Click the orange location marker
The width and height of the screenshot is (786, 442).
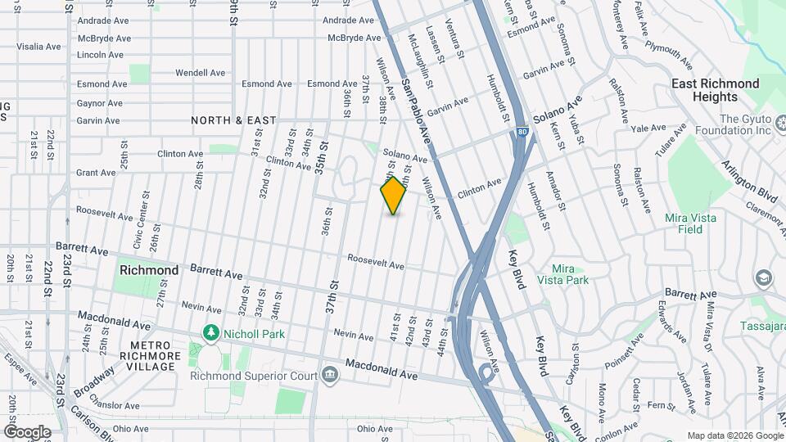tap(394, 196)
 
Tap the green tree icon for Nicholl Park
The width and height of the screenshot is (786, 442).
tap(211, 332)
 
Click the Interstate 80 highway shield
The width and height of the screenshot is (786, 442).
tap(522, 131)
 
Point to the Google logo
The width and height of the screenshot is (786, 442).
tap(27, 431)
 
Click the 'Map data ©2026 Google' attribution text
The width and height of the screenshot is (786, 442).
tap(734, 435)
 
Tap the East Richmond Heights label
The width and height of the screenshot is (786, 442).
tap(715, 90)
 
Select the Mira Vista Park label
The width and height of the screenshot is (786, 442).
tap(562, 273)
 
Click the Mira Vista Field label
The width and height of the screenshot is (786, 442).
tap(690, 223)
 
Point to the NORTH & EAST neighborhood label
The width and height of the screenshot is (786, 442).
tap(233, 120)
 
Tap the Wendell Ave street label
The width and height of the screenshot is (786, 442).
tap(200, 73)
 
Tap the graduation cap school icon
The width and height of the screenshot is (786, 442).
tap(765, 279)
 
